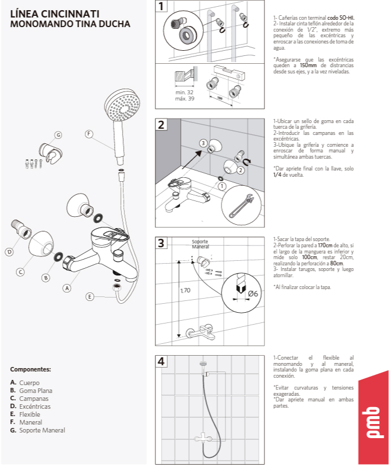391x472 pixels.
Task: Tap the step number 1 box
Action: click(x=161, y=6)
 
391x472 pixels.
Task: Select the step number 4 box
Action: click(x=161, y=361)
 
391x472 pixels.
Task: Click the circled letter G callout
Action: click(x=58, y=135)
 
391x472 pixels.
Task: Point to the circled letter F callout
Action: click(x=89, y=134)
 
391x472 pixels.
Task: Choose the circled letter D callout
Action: click(x=10, y=252)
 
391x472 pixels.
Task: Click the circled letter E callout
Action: click(x=89, y=297)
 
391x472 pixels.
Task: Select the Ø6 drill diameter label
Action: click(x=253, y=294)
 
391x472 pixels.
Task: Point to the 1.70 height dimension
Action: click(x=185, y=291)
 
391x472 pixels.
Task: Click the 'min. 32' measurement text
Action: click(x=184, y=93)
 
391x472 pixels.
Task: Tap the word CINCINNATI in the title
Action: click(x=70, y=14)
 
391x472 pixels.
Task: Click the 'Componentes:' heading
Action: click(x=31, y=369)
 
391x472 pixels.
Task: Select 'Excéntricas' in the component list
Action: click(x=34, y=407)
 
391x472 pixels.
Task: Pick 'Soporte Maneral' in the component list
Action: click(x=42, y=430)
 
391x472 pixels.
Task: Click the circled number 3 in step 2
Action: click(x=203, y=143)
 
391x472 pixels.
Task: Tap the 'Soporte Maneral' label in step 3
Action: click(x=201, y=244)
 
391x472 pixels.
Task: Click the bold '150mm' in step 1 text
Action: click(x=308, y=65)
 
